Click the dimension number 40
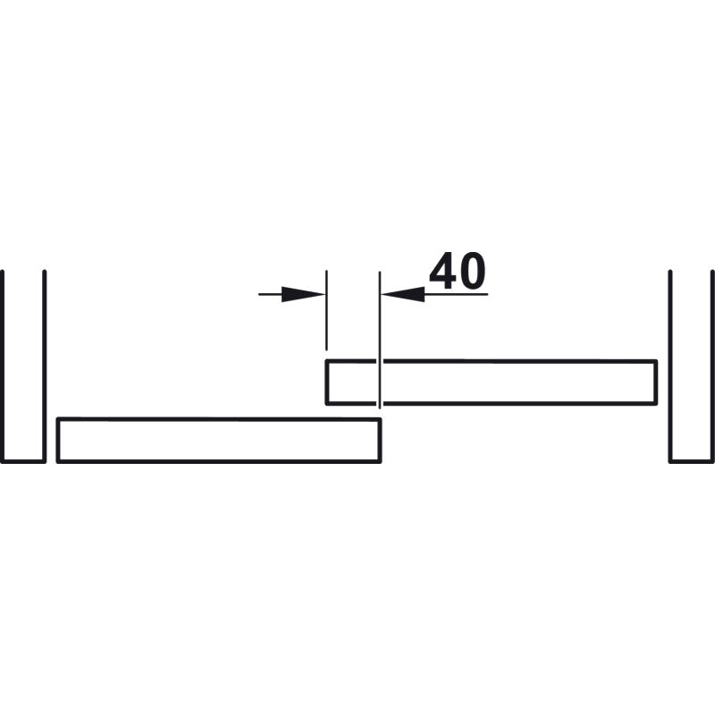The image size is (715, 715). tap(458, 271)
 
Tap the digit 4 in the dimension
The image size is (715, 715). tap(442, 271)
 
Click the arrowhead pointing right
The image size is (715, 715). tap(303, 294)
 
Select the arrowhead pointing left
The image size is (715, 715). tap(403, 294)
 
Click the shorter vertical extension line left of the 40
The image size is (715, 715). tap(326, 310)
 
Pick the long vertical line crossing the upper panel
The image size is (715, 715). tap(379, 340)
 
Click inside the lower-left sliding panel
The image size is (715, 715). tap(219, 440)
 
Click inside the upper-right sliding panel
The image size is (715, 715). tap(492, 383)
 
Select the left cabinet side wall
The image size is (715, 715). tap(24, 366)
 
